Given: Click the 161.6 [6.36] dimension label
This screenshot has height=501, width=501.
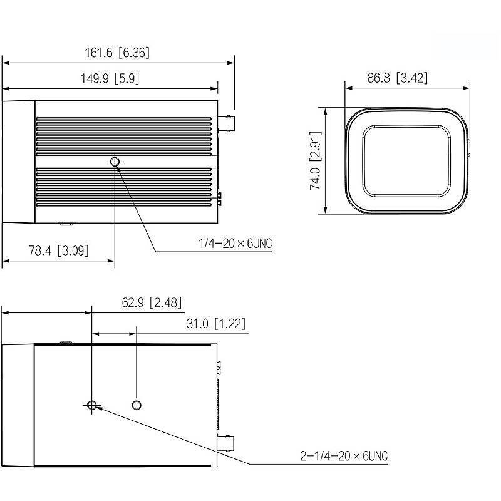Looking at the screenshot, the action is (x=117, y=53).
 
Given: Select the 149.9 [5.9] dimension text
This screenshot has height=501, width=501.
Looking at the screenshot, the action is (x=110, y=78).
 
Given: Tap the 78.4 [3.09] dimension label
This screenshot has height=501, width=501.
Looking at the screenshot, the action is (x=58, y=250).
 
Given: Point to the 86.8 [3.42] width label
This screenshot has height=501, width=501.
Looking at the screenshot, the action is (x=397, y=78).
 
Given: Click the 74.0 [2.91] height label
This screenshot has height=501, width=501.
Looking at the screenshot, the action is (x=315, y=160).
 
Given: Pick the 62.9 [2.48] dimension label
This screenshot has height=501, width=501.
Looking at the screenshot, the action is (x=152, y=302).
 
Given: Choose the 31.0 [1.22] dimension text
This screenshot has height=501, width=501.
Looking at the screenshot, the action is (x=216, y=324).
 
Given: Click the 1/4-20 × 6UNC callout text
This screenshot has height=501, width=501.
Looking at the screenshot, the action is (x=235, y=244).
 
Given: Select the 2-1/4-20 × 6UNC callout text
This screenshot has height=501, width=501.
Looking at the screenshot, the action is (x=344, y=456).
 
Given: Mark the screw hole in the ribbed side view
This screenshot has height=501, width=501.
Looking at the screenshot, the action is (x=115, y=162).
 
